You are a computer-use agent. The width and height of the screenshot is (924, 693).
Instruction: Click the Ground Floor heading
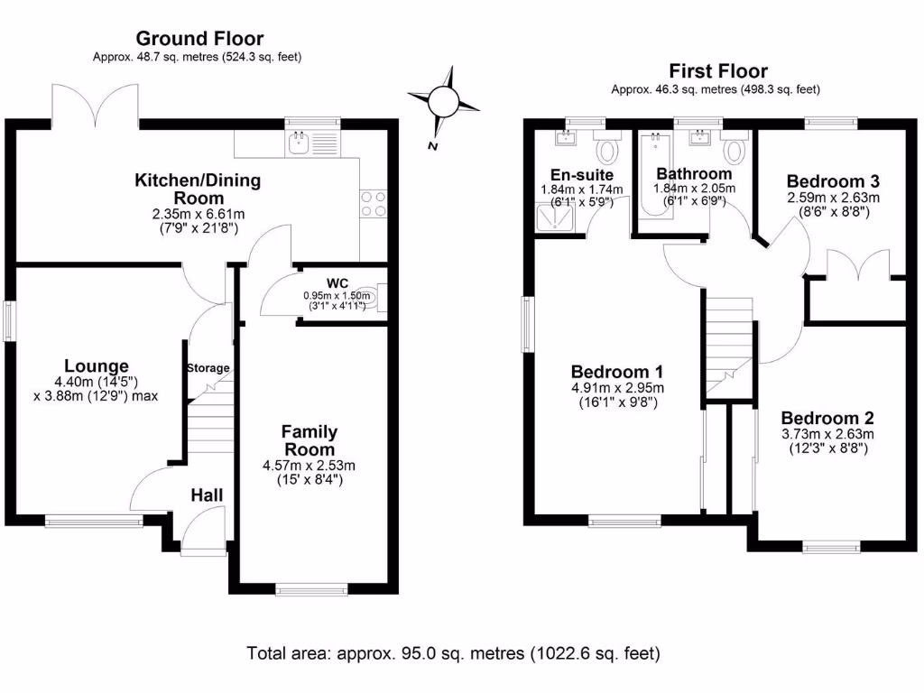point(199,38)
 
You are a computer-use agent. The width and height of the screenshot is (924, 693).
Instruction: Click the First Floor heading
point(718,71)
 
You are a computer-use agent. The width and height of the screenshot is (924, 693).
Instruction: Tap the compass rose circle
point(443,101)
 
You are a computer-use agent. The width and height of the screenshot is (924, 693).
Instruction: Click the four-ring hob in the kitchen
point(373,204)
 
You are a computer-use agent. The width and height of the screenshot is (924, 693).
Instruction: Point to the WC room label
point(337,284)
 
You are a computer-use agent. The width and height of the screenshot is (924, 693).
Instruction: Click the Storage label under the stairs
point(208,368)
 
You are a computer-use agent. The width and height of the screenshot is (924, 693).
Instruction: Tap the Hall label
point(207,495)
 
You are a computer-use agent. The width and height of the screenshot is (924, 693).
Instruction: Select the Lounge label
point(96,366)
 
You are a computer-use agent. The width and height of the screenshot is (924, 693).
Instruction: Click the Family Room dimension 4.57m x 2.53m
point(309,466)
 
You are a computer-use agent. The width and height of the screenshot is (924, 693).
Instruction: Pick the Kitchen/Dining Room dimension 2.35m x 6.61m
point(198,214)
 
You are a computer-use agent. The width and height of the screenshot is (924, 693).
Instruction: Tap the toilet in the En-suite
point(606,146)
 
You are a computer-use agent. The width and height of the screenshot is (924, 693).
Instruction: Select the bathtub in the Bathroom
point(655,176)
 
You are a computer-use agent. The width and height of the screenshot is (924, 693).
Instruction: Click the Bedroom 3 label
point(833,180)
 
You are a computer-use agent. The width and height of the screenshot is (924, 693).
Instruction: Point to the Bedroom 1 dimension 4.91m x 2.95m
point(617,388)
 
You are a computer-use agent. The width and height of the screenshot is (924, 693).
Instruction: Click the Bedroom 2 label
point(827,418)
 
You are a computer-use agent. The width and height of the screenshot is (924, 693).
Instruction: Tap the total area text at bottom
point(453,653)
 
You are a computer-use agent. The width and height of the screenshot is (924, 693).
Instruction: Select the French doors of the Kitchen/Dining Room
point(96,106)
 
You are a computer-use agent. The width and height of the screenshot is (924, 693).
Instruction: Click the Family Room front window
point(312,589)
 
